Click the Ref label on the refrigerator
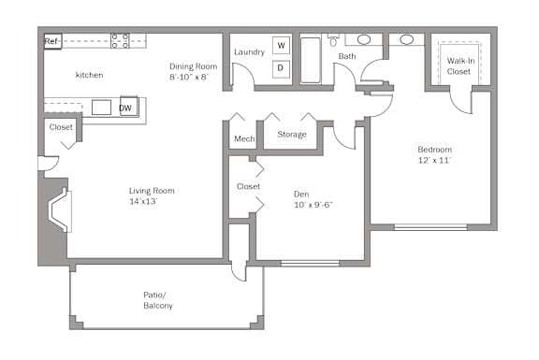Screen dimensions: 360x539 pos(52,41)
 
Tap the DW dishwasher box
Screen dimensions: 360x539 pos(125,108)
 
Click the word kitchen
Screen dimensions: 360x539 pos(89,75)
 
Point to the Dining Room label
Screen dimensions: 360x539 pos(193,66)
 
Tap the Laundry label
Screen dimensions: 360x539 pos(249,51)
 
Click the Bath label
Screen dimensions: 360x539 pos(347,57)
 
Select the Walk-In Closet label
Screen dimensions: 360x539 pos(459,65)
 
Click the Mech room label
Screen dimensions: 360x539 pos(244,139)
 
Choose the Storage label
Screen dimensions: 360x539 pos(292,135)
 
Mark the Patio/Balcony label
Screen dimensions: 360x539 pos(157,300)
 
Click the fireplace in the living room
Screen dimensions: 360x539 pos(59,210)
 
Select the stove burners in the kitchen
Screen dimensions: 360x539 pos(121,40)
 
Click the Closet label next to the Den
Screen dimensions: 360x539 pos(248,187)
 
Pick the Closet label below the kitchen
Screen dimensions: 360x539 pos(61,127)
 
